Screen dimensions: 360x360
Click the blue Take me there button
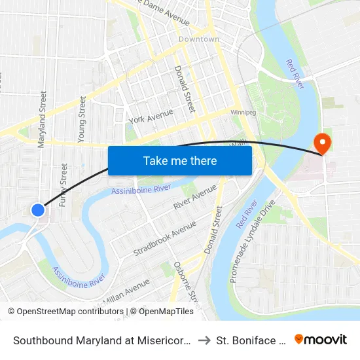pos(180,160)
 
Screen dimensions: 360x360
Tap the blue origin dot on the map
pos(38,210)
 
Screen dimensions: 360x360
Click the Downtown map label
pos(199,39)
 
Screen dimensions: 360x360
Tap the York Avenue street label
pos(151,116)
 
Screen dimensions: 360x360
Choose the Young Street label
pos(82,120)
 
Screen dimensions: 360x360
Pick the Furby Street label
pos(63,185)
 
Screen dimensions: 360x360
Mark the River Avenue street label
pos(195,196)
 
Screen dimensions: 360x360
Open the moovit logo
pos(321,339)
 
